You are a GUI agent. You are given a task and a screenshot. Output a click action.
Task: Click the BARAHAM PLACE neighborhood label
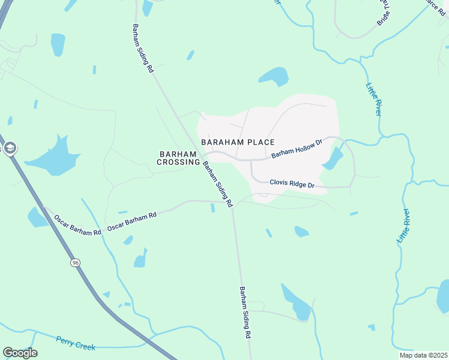[238, 142]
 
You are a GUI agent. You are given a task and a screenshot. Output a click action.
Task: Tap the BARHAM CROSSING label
[178, 158]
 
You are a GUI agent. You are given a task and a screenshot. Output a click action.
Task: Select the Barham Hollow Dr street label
[297, 149]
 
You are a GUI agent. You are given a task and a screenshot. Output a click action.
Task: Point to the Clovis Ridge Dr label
[292, 185]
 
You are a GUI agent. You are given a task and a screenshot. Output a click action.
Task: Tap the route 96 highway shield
[75, 263]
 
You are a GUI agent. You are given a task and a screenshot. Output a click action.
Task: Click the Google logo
[20, 353]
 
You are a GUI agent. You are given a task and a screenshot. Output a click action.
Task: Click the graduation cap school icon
[10, 148]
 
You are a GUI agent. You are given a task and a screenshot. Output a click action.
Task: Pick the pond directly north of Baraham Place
[274, 77]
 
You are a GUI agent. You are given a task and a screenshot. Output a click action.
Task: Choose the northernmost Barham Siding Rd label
[143, 49]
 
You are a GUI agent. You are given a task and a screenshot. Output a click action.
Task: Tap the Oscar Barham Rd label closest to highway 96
[77, 225]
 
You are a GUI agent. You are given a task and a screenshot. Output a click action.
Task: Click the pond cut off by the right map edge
[443, 297]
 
